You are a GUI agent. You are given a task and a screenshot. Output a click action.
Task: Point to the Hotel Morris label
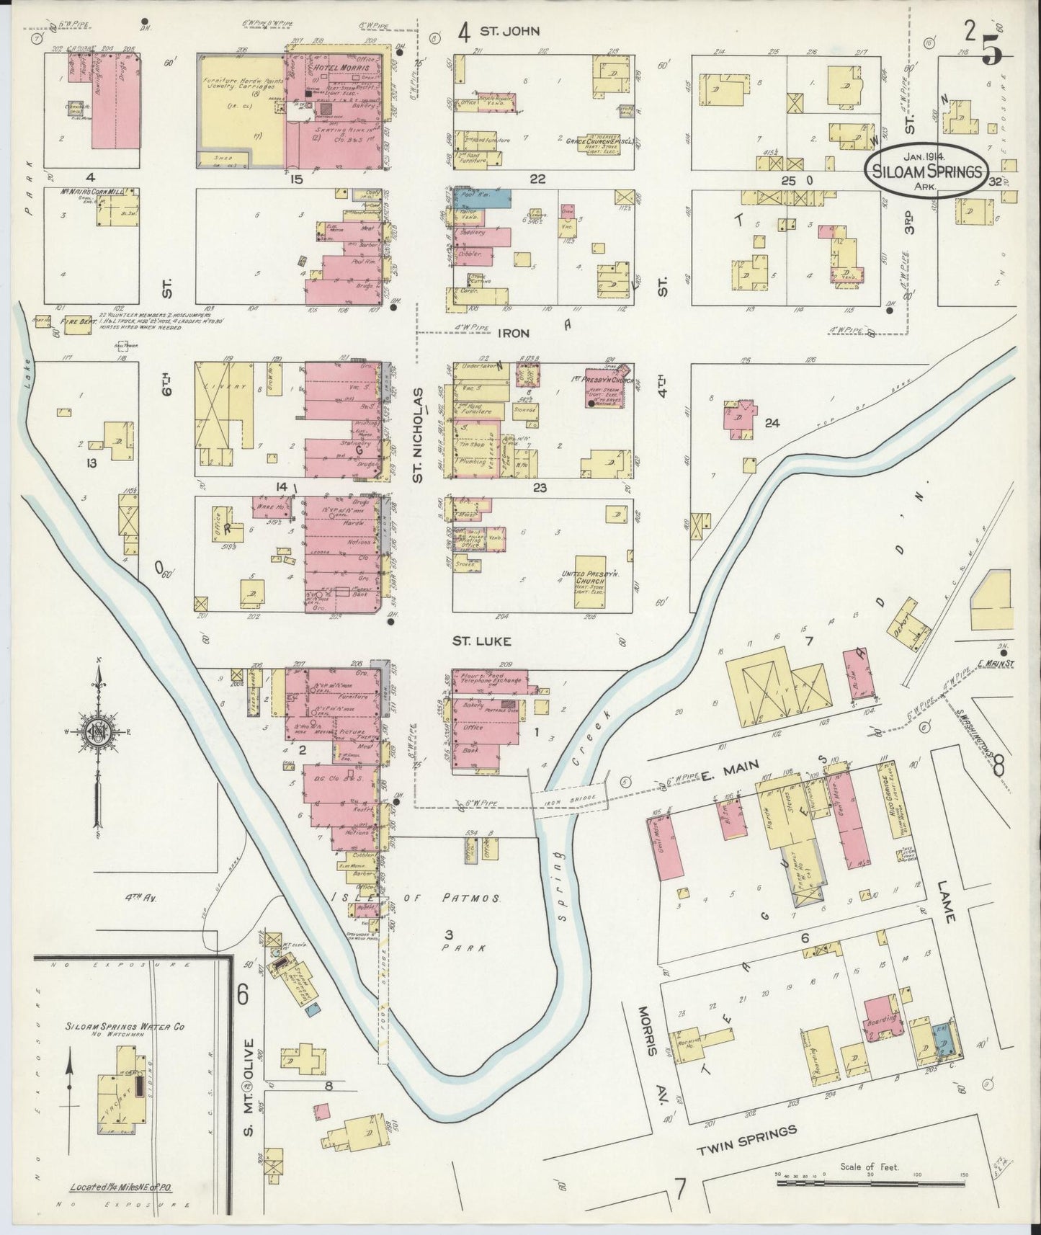point(336,67)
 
